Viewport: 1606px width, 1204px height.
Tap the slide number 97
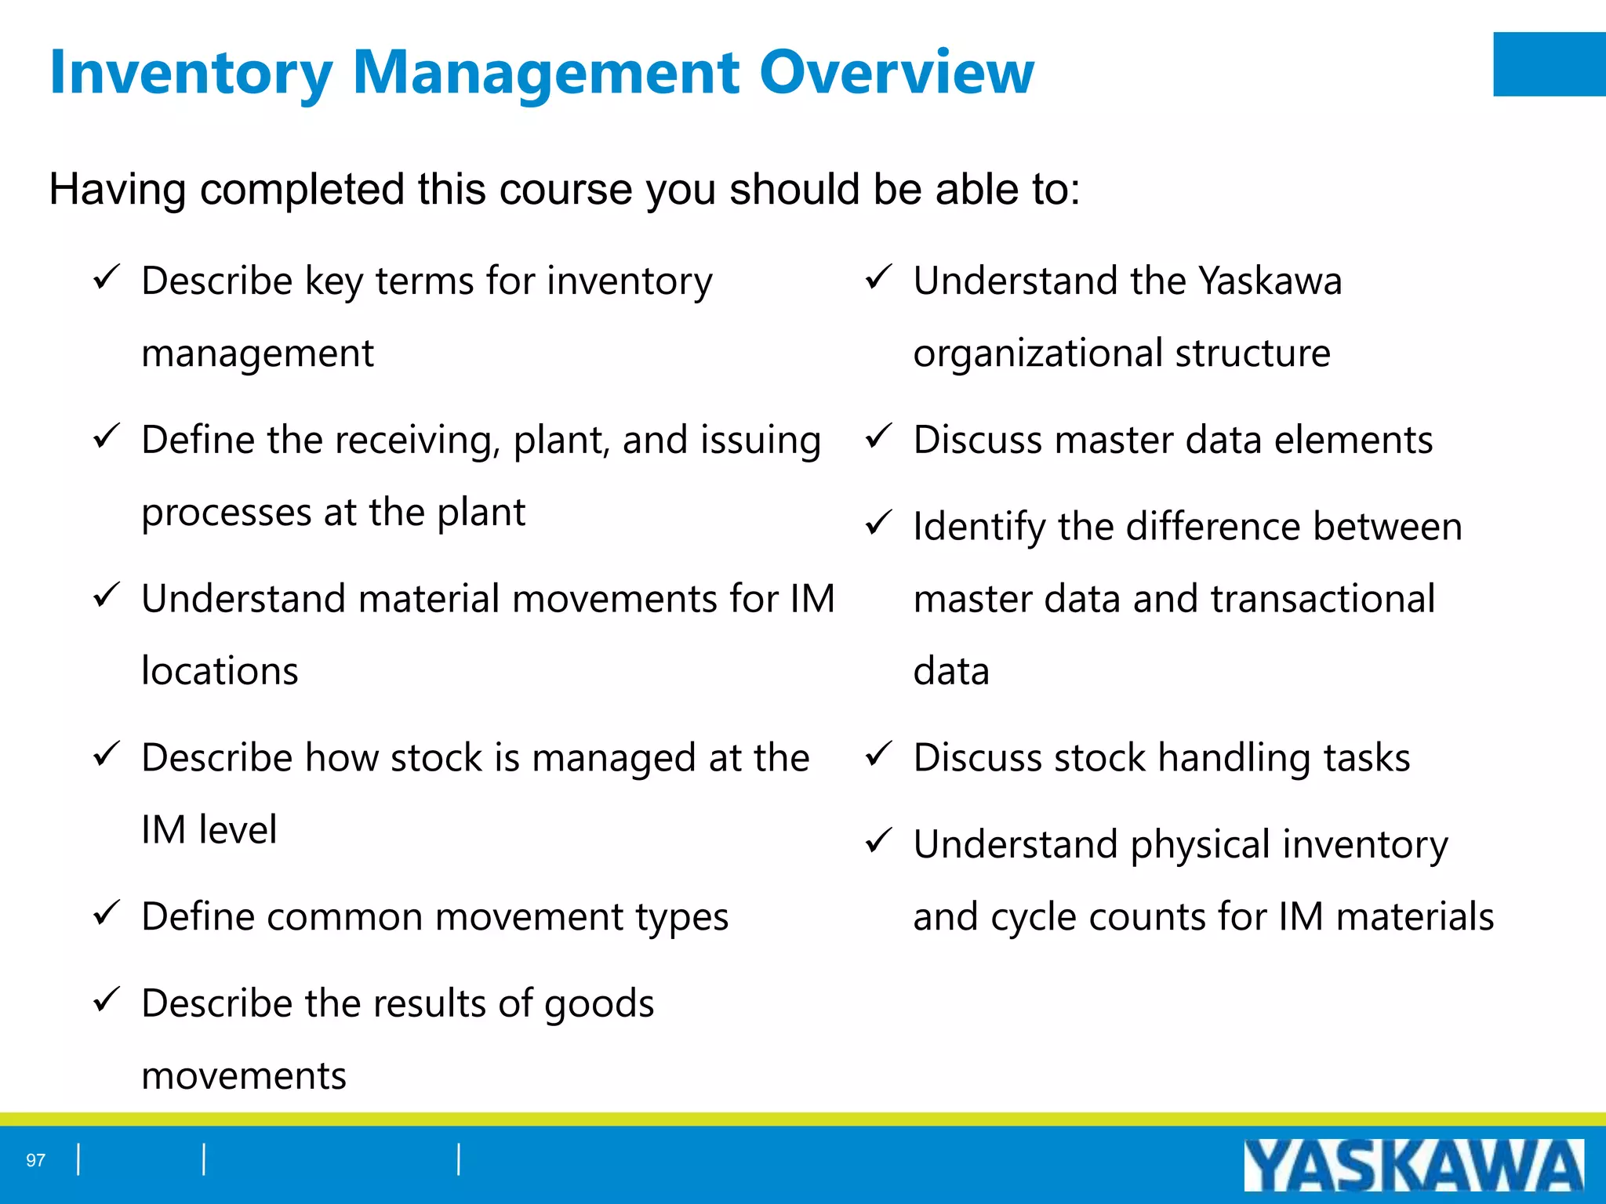[x=35, y=1160]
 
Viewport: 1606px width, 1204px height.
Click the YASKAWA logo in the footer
[x=1413, y=1166]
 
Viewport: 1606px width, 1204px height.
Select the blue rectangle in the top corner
[x=1549, y=64]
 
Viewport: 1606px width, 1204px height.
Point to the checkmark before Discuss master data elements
[x=878, y=436]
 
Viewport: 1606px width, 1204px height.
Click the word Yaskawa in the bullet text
[x=1270, y=281]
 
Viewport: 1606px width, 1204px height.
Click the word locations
[x=220, y=672]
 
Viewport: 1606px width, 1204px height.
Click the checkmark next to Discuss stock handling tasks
[x=878, y=754]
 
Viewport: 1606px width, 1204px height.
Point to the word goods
[x=599, y=1005]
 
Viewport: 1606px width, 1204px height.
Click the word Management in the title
[x=546, y=72]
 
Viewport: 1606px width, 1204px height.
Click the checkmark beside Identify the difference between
[x=878, y=523]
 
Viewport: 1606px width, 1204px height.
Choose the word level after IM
[x=238, y=830]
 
